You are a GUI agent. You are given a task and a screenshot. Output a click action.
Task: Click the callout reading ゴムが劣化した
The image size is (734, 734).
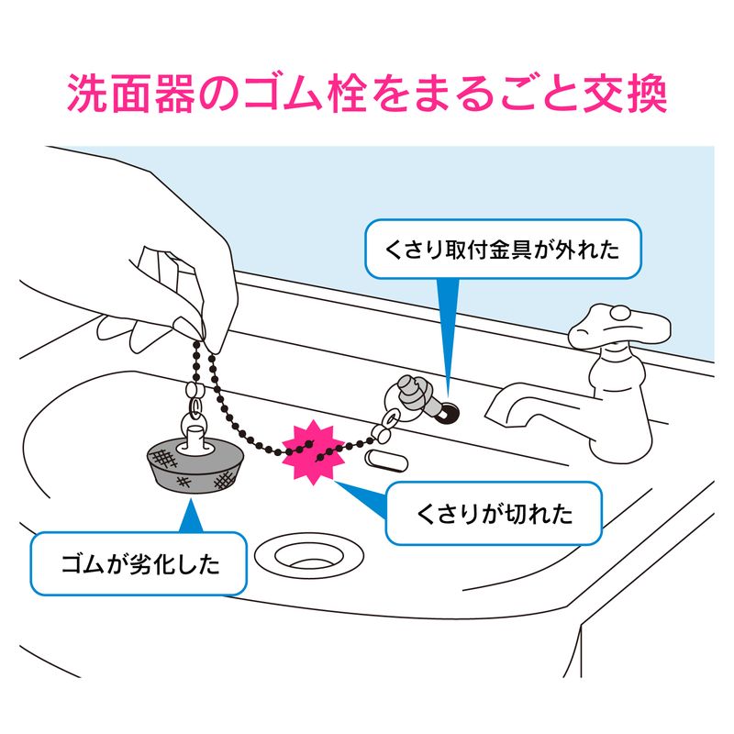click(x=139, y=563)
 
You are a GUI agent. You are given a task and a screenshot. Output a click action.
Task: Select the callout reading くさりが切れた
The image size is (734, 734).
click(x=494, y=513)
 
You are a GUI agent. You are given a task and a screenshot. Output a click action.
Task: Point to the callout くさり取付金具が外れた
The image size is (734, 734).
click(x=503, y=249)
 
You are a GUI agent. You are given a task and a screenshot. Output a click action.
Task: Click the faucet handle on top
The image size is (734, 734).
click(x=619, y=325)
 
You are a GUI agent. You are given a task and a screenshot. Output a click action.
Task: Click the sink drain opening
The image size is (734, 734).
click(x=309, y=555)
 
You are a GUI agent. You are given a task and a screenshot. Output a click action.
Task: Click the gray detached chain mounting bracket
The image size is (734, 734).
click(x=416, y=395)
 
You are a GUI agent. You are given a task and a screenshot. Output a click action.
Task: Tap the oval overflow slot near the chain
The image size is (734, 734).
click(x=385, y=462)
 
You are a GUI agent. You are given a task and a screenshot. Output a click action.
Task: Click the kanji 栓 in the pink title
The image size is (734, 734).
click(x=347, y=93)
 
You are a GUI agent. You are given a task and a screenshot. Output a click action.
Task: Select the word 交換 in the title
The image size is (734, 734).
click(x=625, y=93)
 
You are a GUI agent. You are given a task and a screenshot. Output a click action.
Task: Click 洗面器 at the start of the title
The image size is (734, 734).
click(x=130, y=93)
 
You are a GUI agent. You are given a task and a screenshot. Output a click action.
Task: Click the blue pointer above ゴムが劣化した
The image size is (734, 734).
click(x=191, y=516)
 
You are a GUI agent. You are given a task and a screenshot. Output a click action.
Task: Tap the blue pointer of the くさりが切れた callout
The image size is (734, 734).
click(x=362, y=499)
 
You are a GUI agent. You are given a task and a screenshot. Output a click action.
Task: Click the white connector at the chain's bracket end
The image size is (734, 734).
click(x=383, y=433)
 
